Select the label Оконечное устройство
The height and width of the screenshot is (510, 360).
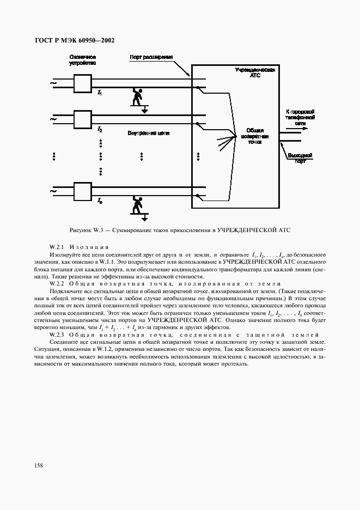click(x=82, y=59)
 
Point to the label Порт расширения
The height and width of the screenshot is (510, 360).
click(x=151, y=57)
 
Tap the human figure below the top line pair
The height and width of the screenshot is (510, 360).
click(x=139, y=99)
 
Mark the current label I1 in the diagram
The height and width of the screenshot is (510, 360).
click(x=100, y=94)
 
